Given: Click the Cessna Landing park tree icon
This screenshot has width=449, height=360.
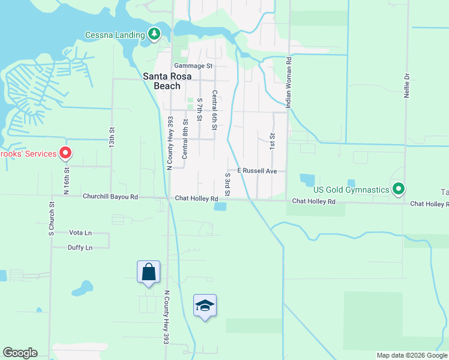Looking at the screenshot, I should click(155, 34).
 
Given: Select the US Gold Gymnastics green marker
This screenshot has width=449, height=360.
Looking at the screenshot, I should click(398, 190).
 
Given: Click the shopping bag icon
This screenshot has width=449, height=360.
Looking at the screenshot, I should click(148, 272).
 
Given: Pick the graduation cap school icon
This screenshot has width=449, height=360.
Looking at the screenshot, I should click(205, 305).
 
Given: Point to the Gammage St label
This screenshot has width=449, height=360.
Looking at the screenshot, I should click(193, 65).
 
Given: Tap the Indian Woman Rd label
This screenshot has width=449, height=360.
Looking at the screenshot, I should click(289, 83).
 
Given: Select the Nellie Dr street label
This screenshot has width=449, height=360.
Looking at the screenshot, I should click(407, 86).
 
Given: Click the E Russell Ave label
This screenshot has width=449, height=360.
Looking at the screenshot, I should click(256, 171).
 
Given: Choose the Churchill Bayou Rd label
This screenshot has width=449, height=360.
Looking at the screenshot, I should click(110, 197).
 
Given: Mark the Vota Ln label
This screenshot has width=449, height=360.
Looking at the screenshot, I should click(80, 232).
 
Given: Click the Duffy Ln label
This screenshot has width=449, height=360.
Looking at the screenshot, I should click(80, 247).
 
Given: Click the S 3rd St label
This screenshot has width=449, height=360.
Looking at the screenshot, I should click(228, 184).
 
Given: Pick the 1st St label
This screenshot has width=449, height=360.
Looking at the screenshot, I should click(272, 141).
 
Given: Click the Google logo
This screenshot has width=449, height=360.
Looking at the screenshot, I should click(20, 353).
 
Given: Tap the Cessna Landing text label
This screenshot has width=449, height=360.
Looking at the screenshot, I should click(115, 34).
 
